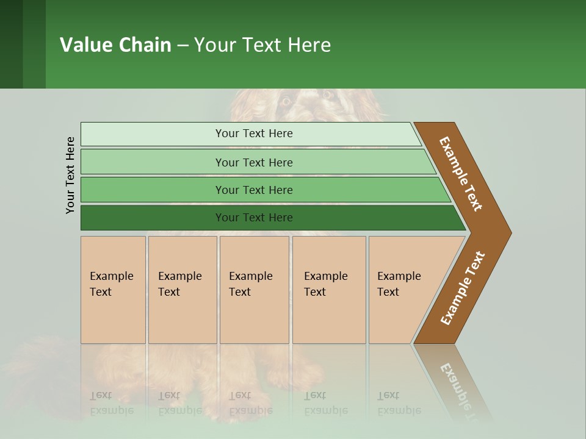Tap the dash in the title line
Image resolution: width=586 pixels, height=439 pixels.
[x=183, y=46]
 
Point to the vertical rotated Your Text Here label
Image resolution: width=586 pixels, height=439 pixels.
[x=70, y=175]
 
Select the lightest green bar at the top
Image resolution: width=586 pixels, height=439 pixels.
[x=253, y=134]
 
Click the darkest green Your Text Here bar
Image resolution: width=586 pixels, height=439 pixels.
[x=253, y=218]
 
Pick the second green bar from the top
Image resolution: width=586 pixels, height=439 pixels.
[x=253, y=162]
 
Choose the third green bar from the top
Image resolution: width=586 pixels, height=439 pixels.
[x=253, y=190]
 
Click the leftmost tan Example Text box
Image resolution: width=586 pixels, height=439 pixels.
[x=113, y=290]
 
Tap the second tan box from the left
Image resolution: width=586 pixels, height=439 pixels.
[x=182, y=290]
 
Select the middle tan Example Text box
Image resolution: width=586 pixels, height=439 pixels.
[x=254, y=290]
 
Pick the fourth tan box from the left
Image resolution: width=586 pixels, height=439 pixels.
[x=328, y=290]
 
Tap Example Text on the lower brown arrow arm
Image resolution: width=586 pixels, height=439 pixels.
[x=463, y=288]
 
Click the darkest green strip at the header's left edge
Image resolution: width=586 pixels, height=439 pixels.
[x=11, y=44]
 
